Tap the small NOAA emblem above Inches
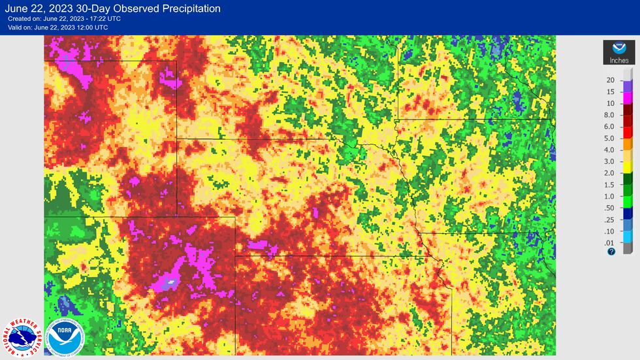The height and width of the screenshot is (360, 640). pyautogui.click(x=618, y=49)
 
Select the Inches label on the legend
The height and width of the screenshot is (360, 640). pyautogui.click(x=618, y=61)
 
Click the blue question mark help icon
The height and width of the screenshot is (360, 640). pyautogui.click(x=611, y=251)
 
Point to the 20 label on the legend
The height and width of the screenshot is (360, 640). pyautogui.click(x=611, y=80)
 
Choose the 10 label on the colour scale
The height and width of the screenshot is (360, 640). pyautogui.click(x=611, y=103)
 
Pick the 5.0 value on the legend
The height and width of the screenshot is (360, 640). pyautogui.click(x=610, y=138)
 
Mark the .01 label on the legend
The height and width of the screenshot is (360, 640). pyautogui.click(x=610, y=243)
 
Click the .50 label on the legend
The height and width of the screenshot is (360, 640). pyautogui.click(x=610, y=208)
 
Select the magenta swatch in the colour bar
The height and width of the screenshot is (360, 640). pyautogui.click(x=628, y=97)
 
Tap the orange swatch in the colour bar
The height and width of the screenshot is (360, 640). pyautogui.click(x=628, y=144)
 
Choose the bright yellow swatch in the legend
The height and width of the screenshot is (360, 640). pyautogui.click(x=628, y=167)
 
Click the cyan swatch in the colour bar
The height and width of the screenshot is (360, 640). pyautogui.click(x=628, y=237)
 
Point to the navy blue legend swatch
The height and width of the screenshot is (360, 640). pyautogui.click(x=628, y=213)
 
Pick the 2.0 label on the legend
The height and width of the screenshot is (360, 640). pyautogui.click(x=610, y=173)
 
